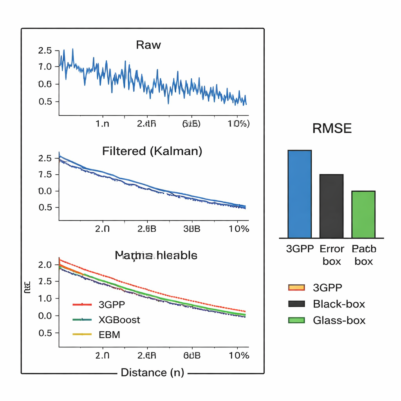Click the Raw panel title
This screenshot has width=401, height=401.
(148, 45)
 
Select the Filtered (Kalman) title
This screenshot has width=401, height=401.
(152, 151)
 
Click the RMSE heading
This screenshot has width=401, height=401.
(332, 128)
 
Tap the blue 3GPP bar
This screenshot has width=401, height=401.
(300, 194)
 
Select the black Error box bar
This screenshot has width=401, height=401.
(331, 206)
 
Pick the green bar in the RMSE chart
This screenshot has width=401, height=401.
(363, 214)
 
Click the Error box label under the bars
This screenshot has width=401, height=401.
(332, 255)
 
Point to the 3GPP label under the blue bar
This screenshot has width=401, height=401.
(300, 249)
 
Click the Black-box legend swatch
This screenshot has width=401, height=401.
(296, 304)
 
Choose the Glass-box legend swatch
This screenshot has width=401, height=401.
(296, 320)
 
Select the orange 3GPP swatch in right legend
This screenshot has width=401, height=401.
(296, 288)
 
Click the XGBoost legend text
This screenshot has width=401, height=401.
(119, 320)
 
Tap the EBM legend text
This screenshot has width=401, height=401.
(109, 334)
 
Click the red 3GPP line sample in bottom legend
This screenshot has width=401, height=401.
(82, 304)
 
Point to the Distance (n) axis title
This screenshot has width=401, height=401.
(152, 372)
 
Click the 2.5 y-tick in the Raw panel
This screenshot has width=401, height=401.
(45, 51)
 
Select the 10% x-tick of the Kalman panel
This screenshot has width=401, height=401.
(238, 229)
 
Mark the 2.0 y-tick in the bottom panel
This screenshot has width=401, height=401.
(45, 264)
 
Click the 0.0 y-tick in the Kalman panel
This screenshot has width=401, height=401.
(45, 191)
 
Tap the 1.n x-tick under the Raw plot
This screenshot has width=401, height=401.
(102, 124)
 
